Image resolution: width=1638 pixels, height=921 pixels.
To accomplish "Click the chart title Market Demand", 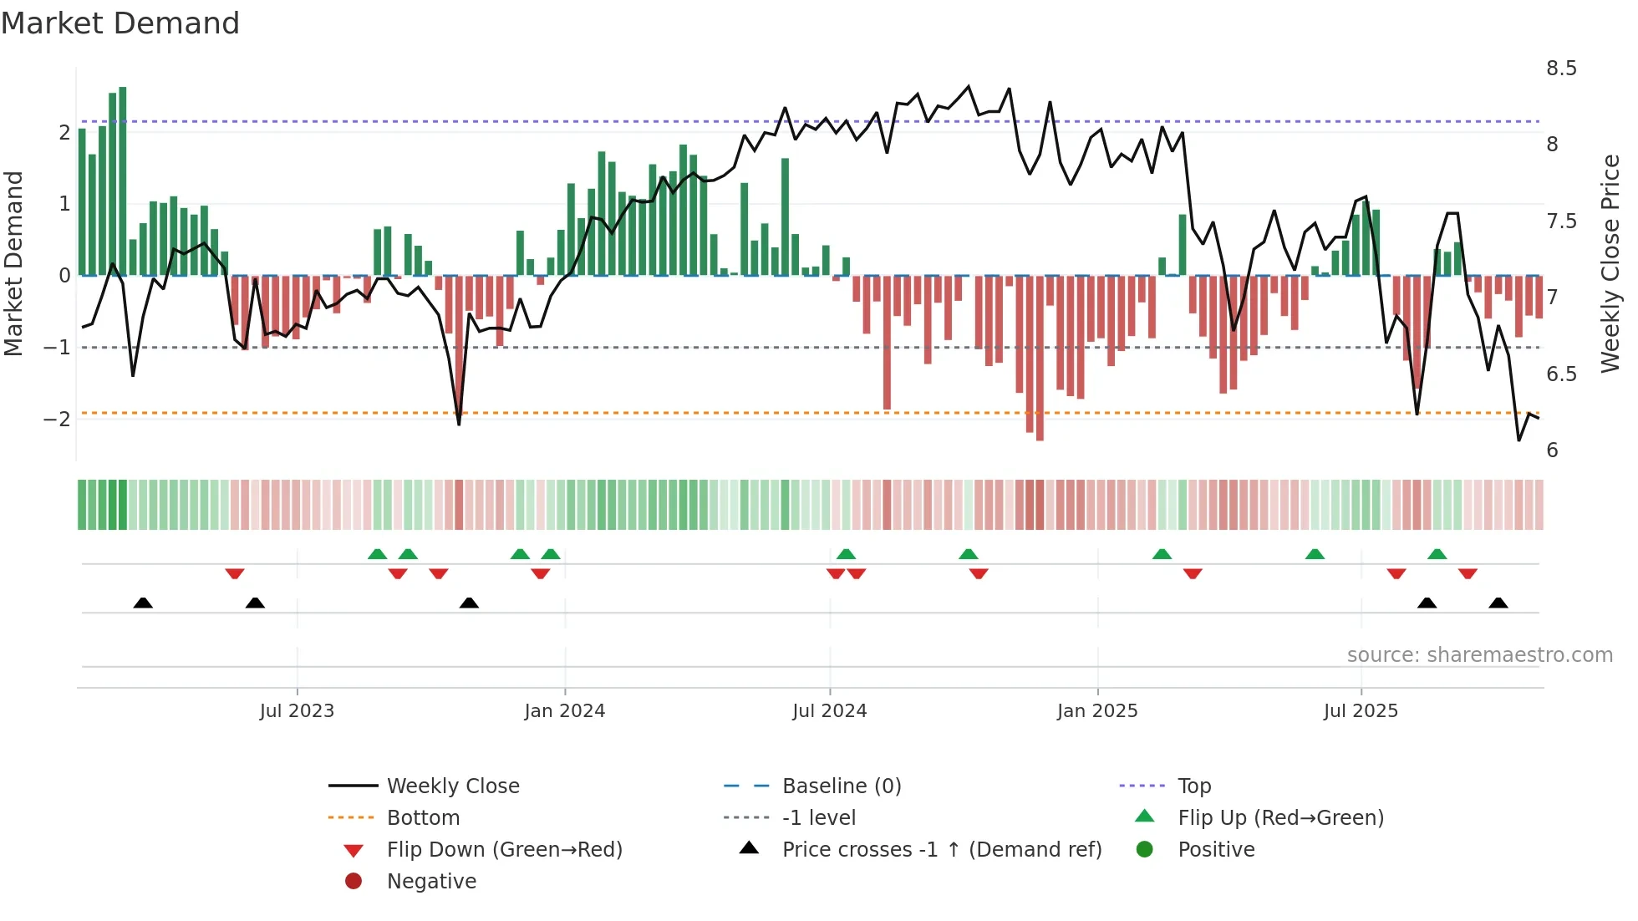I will (x=120, y=23).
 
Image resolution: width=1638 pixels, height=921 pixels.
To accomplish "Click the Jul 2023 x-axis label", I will (x=297, y=711).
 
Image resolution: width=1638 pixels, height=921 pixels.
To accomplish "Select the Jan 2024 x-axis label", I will (x=564, y=711).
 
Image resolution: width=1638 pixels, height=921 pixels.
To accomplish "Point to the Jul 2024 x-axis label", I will (x=829, y=711).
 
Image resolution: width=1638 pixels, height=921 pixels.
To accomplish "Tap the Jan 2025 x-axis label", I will (x=1096, y=711).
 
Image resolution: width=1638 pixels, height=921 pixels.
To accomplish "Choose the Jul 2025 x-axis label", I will (x=1361, y=711).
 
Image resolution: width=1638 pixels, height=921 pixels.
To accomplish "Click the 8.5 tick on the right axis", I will (x=1561, y=69).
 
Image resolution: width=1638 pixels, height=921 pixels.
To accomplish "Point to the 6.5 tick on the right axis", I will (x=1561, y=374).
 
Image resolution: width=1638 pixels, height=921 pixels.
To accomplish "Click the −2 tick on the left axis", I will (x=57, y=419).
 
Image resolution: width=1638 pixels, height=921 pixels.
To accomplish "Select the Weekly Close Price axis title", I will (x=1610, y=263).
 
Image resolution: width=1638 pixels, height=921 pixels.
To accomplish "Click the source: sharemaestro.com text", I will (x=1479, y=655).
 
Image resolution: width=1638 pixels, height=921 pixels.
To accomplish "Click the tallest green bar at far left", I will (x=123, y=180).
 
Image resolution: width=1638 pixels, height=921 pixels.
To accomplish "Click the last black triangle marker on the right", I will (x=1498, y=603).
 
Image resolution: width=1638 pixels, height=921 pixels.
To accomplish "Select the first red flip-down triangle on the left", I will (x=235, y=574).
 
